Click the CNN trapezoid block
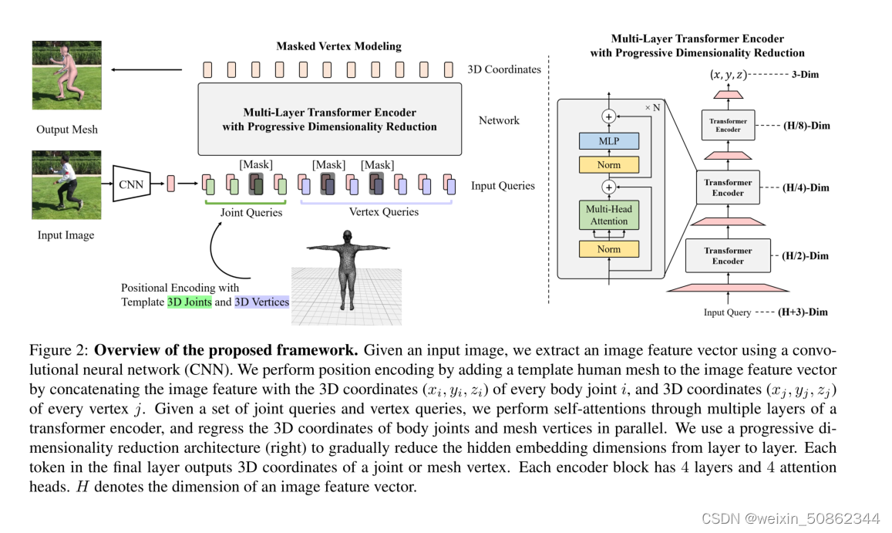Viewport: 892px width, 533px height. [x=132, y=183]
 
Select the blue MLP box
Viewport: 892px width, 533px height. [x=609, y=141]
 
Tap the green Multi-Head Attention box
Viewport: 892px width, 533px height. [x=609, y=215]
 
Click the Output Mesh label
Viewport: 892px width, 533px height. [x=67, y=130]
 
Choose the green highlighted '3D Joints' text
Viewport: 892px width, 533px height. [x=189, y=302]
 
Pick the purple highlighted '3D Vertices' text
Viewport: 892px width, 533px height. [x=262, y=302]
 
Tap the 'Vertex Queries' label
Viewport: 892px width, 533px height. [x=384, y=212]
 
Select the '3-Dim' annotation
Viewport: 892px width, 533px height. [x=806, y=76]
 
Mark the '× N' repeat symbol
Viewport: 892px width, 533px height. [x=652, y=107]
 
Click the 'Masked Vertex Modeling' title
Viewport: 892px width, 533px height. [x=338, y=46]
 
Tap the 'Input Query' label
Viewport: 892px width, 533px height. [x=727, y=312]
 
